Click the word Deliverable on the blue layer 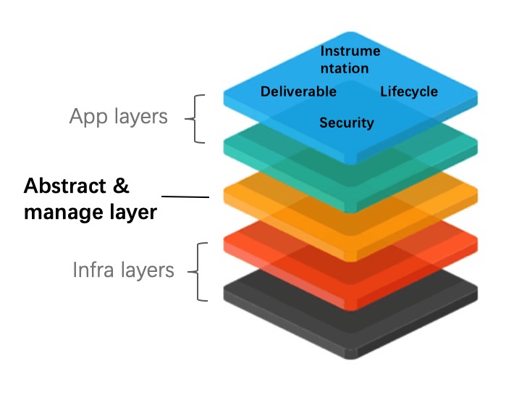coord(298,91)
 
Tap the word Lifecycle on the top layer coord(409,91)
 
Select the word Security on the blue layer coord(347,123)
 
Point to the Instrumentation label coord(350,59)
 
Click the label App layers coord(119,116)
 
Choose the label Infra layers coord(123,270)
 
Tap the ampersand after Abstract coord(121,186)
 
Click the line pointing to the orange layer coord(185,196)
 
